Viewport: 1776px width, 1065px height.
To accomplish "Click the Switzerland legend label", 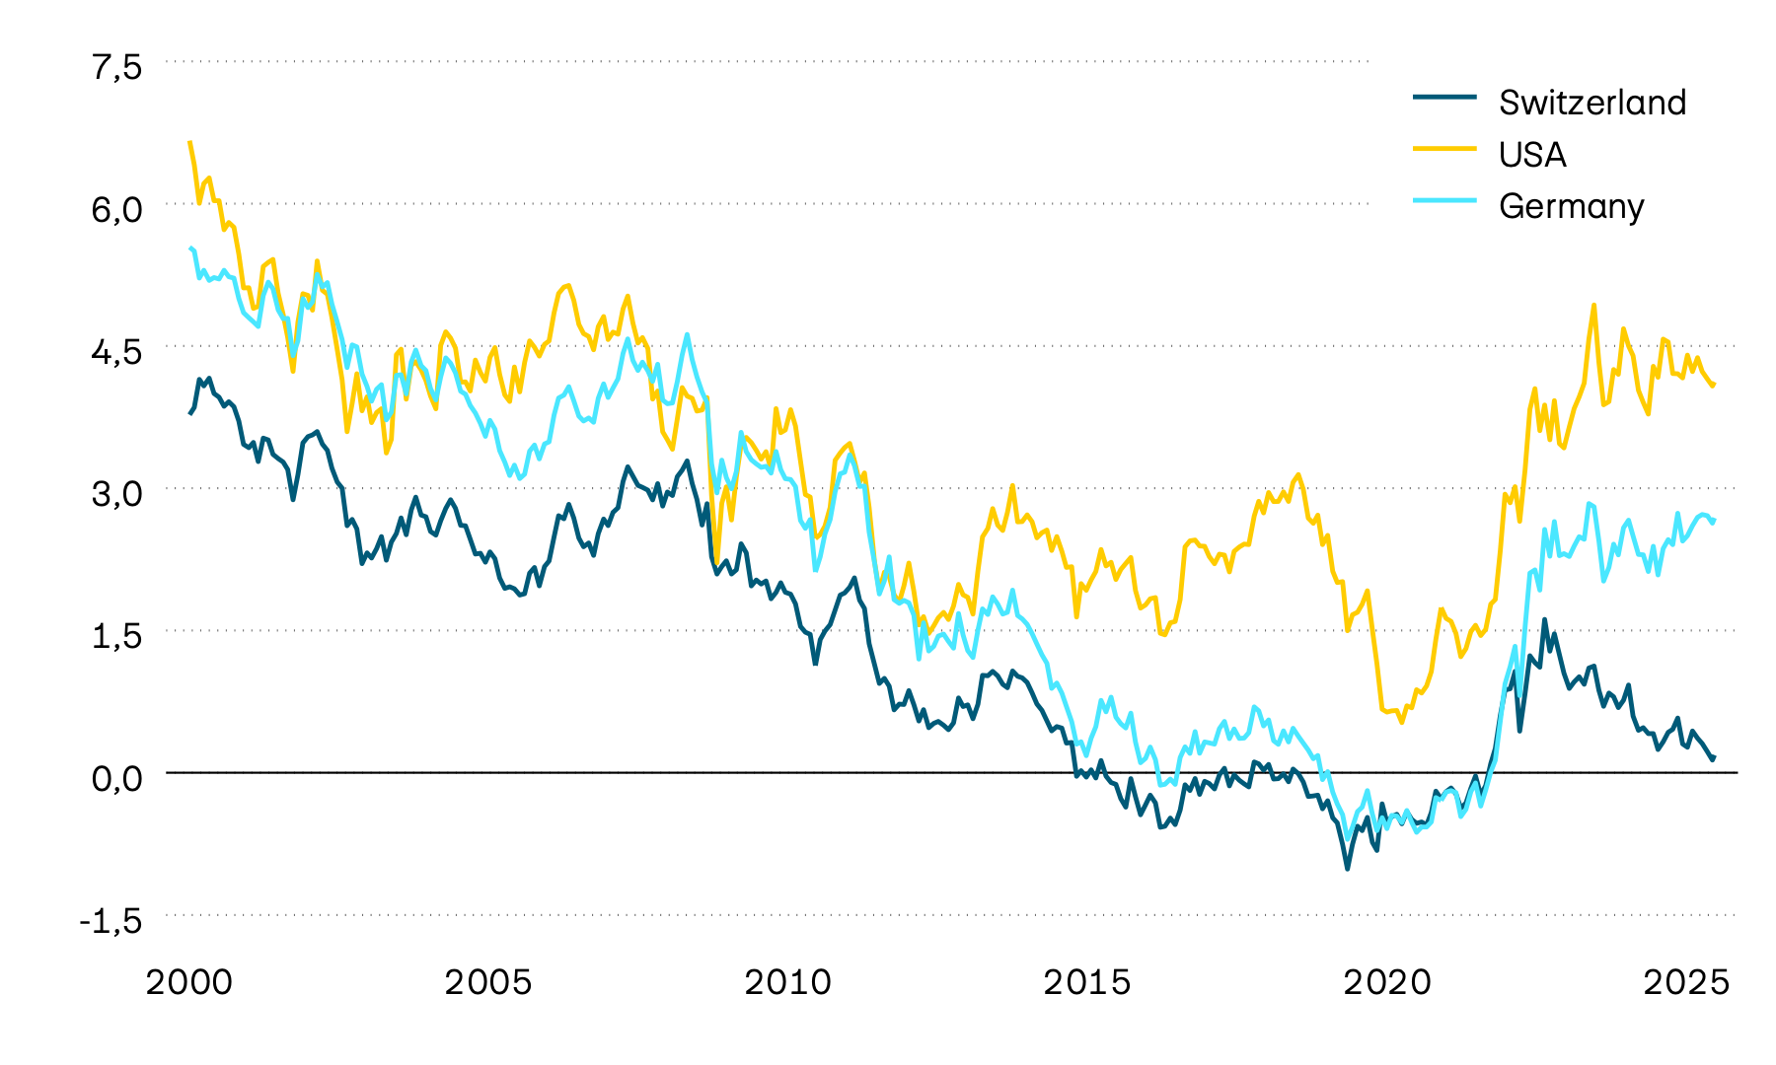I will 1591,103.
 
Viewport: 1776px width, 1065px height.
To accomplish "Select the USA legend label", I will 1532,155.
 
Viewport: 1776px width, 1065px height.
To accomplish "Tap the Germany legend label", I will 1571,206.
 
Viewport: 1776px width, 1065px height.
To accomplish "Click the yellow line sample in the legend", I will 1444,148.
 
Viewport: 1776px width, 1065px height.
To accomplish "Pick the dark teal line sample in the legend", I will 1444,97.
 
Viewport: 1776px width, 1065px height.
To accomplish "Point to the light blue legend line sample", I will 1444,200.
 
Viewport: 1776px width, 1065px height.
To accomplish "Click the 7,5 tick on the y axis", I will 117,67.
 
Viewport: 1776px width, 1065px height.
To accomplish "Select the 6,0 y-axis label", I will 117,209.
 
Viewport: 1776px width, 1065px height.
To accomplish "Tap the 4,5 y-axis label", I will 117,351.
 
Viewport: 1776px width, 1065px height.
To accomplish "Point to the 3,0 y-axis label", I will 117,493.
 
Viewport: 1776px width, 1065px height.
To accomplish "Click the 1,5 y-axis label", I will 117,636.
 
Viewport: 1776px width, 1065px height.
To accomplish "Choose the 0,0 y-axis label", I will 117,778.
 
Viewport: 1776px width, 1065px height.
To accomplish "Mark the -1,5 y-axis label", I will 111,921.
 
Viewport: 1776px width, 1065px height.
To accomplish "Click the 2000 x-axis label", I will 189,982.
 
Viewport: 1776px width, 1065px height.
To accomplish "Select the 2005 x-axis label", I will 488,982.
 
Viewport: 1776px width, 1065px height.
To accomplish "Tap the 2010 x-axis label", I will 788,982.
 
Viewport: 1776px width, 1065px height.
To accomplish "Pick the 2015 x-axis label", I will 1087,982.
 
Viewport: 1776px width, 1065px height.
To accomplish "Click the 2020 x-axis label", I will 1387,982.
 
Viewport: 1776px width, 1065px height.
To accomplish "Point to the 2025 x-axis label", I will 1686,982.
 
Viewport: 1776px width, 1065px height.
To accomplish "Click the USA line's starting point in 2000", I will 189,142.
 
